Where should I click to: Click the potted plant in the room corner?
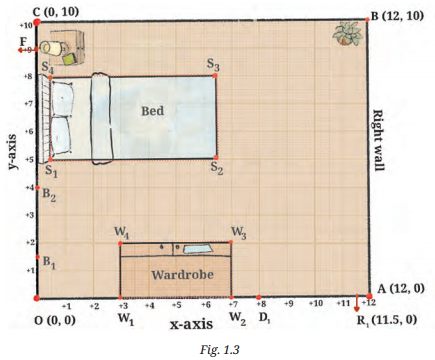click(347, 34)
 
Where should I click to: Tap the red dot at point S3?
click(215, 76)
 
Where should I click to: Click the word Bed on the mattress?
click(153, 111)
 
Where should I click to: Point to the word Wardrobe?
click(182, 275)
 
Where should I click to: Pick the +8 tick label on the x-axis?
click(261, 304)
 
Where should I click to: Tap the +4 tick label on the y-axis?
click(30, 188)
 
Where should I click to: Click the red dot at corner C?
click(37, 22)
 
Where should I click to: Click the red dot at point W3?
click(231, 242)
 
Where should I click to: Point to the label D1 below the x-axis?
click(265, 318)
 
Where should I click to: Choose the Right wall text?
click(377, 140)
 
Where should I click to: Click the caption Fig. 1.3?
click(220, 350)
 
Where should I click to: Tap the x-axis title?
click(191, 324)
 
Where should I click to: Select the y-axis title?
click(12, 152)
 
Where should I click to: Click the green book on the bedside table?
click(70, 59)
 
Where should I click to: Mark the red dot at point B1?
click(38, 257)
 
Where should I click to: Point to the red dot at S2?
click(216, 157)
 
